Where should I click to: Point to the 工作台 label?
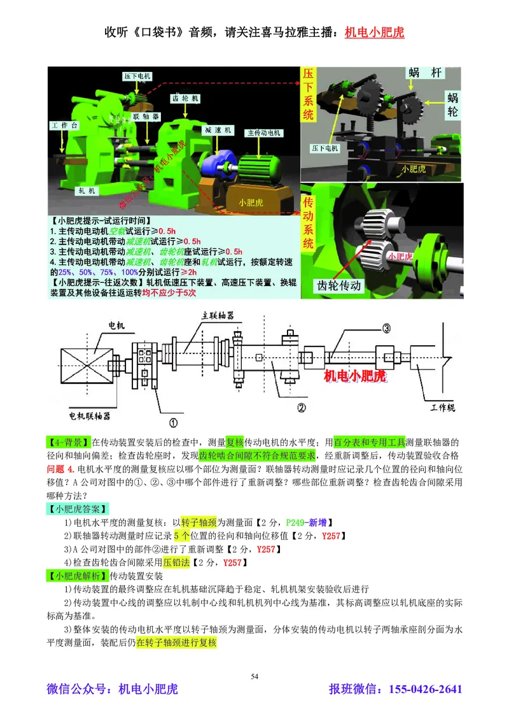[x=64, y=126]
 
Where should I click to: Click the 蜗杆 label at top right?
[x=424, y=73]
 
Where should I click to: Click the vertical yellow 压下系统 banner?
[x=309, y=96]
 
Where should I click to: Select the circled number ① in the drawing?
[x=172, y=421]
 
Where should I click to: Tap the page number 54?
[x=254, y=676]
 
